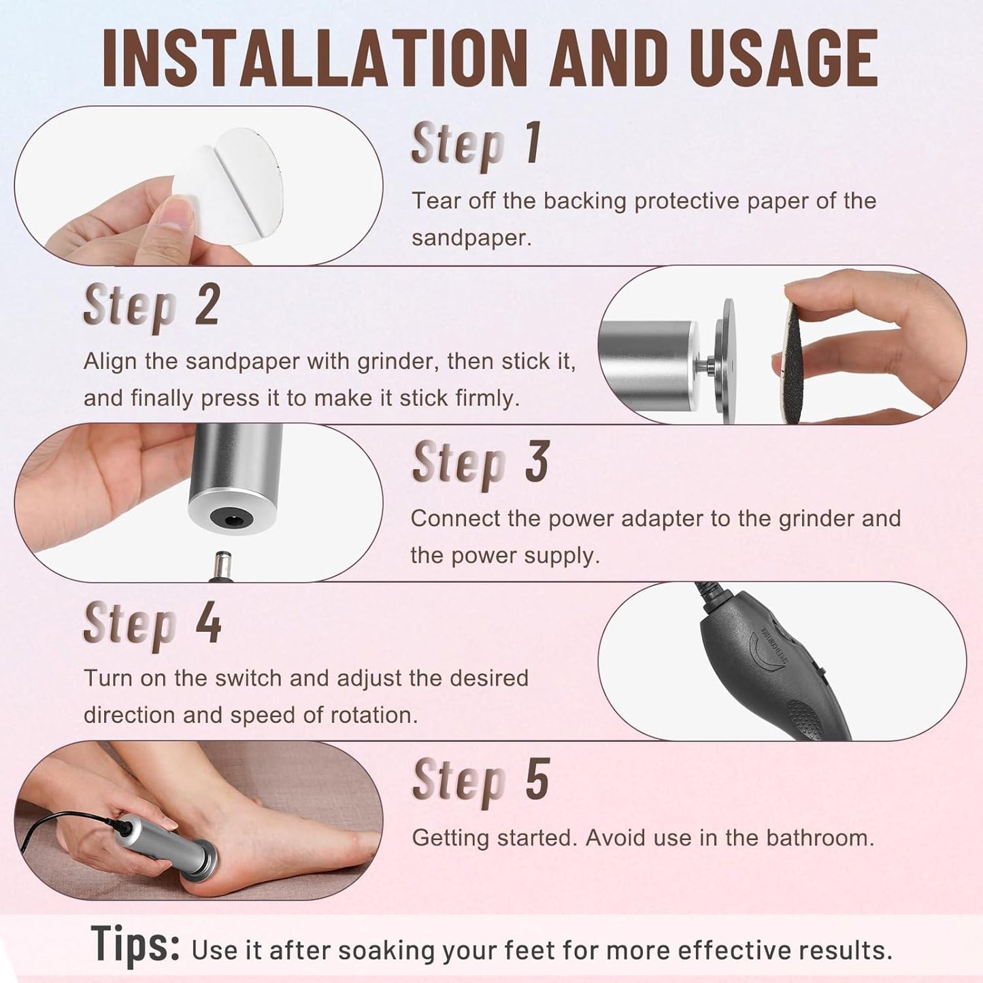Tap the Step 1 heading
476,144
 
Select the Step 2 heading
151,305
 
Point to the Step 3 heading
480,463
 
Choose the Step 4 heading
152,623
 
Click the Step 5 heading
480,781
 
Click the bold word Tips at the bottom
135,945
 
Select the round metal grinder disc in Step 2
729,361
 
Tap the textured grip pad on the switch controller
806,718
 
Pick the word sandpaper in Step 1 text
469,238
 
